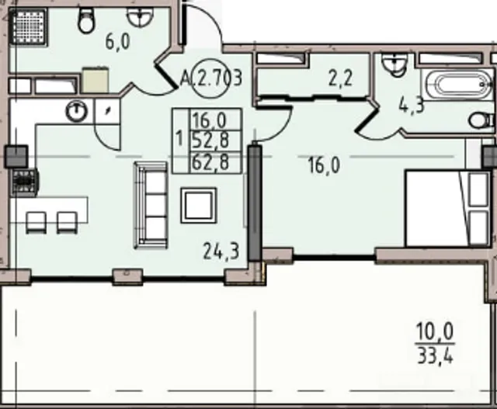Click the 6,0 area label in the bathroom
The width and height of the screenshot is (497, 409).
(x=117, y=42)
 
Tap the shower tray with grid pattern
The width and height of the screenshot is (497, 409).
(x=29, y=26)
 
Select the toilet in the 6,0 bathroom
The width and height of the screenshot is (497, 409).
(x=86, y=20)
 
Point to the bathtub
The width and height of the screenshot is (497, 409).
(x=457, y=85)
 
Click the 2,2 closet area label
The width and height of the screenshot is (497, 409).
(x=340, y=78)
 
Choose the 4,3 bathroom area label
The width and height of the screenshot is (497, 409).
(x=411, y=106)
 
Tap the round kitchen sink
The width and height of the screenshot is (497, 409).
(x=76, y=111)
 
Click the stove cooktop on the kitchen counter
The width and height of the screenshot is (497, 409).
(x=25, y=182)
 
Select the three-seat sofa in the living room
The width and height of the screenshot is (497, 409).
(x=151, y=206)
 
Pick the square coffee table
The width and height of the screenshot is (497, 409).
(x=199, y=206)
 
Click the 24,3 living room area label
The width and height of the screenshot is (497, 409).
(x=221, y=251)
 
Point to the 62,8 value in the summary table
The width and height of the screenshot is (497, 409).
(x=210, y=162)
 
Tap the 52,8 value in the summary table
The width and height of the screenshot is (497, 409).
(x=210, y=140)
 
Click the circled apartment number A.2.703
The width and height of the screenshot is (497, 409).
(x=210, y=78)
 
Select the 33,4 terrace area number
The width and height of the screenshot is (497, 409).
(x=436, y=355)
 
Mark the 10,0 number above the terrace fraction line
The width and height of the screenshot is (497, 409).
(x=435, y=331)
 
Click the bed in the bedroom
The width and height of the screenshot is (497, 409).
(x=448, y=209)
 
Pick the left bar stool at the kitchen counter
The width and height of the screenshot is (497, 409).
(x=36, y=223)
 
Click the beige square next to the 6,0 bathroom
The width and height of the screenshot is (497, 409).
(x=95, y=80)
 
